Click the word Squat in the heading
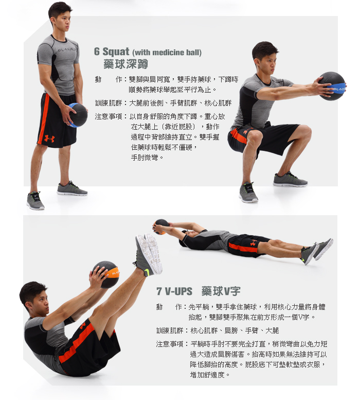point(116,52)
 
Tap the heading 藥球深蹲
point(126,64)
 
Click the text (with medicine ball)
point(167,53)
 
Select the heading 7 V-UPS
point(174,291)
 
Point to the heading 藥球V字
point(221,291)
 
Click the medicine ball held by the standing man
point(78,115)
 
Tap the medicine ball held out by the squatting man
point(332,86)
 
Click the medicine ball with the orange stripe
point(106,274)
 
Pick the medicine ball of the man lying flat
point(161,227)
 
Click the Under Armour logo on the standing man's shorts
point(49,138)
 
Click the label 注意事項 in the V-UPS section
point(170,344)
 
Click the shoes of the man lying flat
point(317,251)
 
